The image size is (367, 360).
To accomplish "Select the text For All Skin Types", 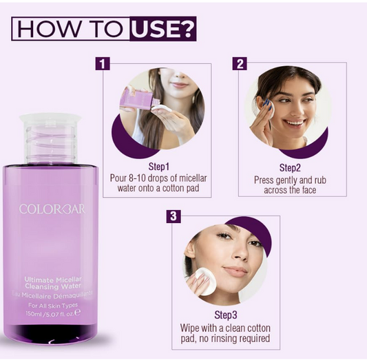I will pyautogui.click(x=53, y=304).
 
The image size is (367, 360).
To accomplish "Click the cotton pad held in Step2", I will pyautogui.click(x=267, y=108).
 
